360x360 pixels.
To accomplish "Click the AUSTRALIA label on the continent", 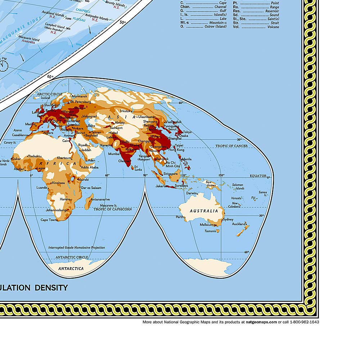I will [204, 211].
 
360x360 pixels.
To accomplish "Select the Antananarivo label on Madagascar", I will [100, 199].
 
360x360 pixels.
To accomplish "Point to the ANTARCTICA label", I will [71, 269].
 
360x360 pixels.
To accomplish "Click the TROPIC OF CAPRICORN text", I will [113, 209].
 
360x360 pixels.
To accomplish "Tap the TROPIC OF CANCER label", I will [231, 146].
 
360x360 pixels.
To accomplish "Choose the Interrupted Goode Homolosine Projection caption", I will [77, 248].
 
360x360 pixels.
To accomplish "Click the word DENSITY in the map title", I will [51, 288].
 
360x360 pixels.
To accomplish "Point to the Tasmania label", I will [210, 231].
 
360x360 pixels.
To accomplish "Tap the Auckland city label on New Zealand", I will [238, 224].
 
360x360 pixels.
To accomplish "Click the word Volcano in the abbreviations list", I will [272, 27].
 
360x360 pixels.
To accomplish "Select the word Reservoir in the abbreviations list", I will [269, 11].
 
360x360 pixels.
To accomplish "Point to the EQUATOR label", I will [258, 176].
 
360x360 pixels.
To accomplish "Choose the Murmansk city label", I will [80, 96].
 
